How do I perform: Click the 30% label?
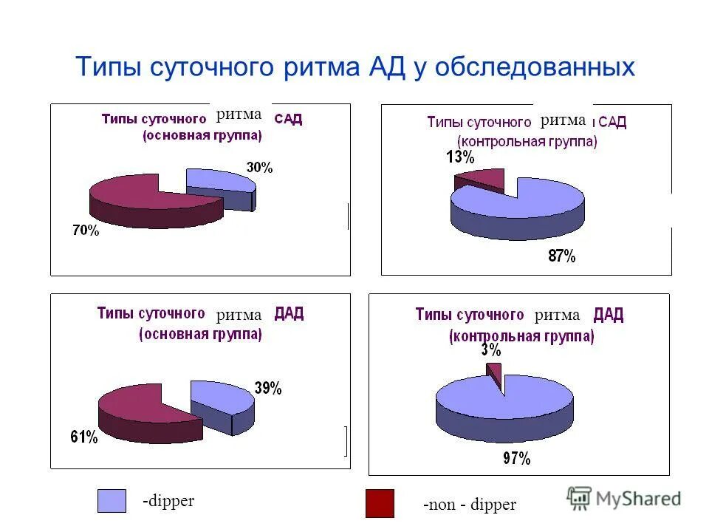(259, 168)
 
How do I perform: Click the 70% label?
(85, 231)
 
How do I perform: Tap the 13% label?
(459, 157)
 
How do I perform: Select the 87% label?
(561, 256)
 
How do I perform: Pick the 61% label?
(84, 437)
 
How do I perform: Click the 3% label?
(490, 350)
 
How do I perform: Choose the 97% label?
(516, 458)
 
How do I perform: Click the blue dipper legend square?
(112, 501)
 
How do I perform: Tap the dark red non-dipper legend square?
(380, 503)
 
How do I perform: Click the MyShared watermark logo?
(624, 498)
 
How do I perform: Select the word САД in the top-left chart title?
(288, 119)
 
